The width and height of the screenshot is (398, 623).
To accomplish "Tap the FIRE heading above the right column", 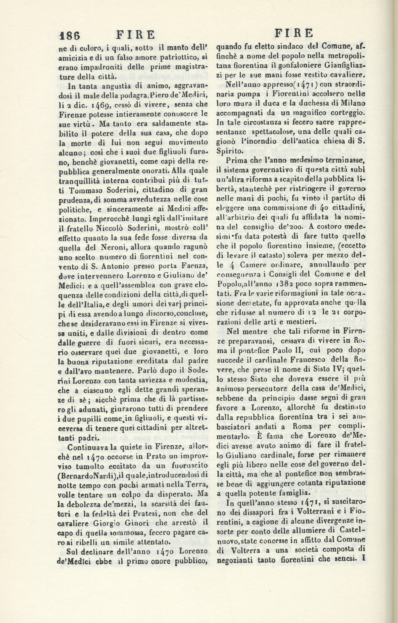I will [294, 33].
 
